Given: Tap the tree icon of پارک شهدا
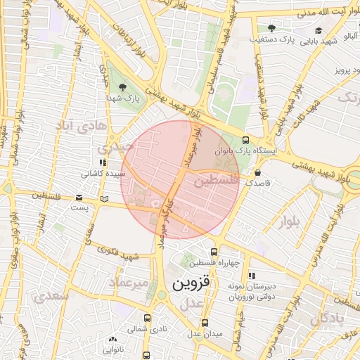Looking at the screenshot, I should [124, 87].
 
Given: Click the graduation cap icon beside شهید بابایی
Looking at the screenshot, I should [319, 30].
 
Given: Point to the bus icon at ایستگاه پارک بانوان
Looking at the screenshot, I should [245, 140].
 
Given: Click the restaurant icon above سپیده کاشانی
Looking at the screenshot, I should [103, 162].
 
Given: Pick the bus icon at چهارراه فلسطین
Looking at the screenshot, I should [214, 252].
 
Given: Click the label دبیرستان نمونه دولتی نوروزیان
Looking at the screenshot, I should [251, 291].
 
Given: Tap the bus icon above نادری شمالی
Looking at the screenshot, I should [147, 318].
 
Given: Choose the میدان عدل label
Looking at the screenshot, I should [205, 333].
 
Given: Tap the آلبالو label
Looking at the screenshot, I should [350, 34].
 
